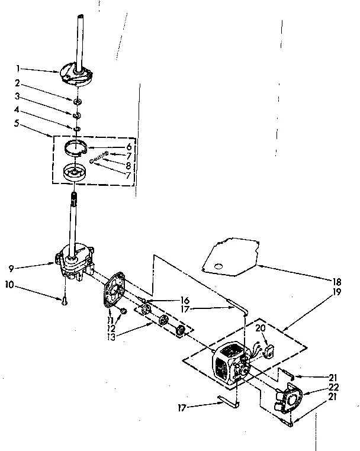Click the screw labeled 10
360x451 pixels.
[63, 302]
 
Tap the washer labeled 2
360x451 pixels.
[78, 101]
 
